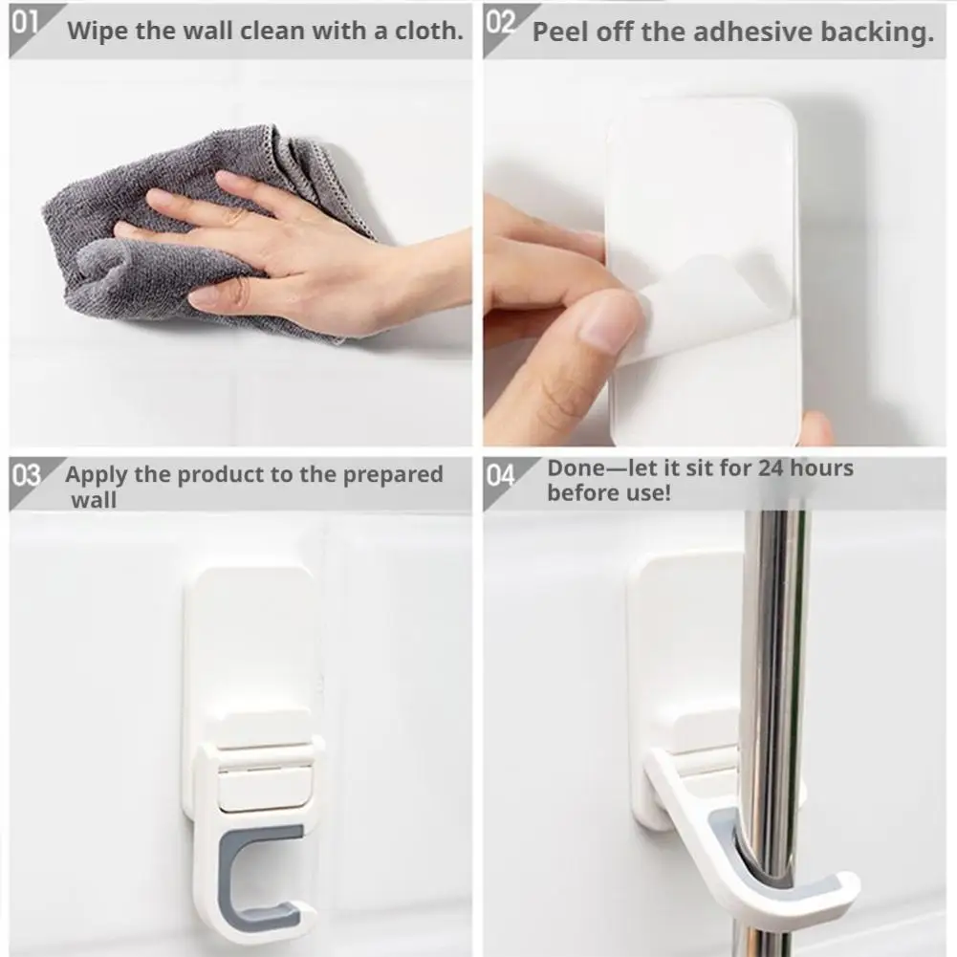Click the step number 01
[25, 23]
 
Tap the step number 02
[500, 23]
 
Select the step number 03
[26, 475]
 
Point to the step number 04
[500, 475]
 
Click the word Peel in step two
[561, 33]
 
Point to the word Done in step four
[574, 468]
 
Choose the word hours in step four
[821, 468]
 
